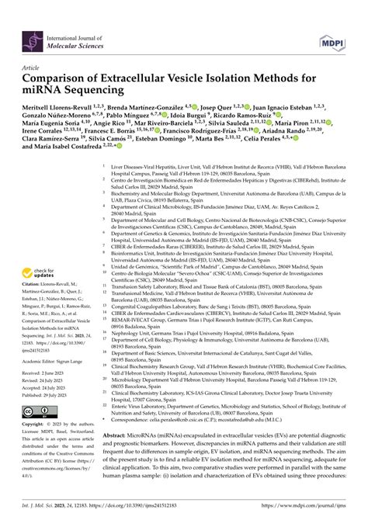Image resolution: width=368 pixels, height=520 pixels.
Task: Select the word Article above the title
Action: (x=33, y=69)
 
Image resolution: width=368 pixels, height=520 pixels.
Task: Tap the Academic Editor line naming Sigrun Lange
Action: (x=58, y=383)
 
